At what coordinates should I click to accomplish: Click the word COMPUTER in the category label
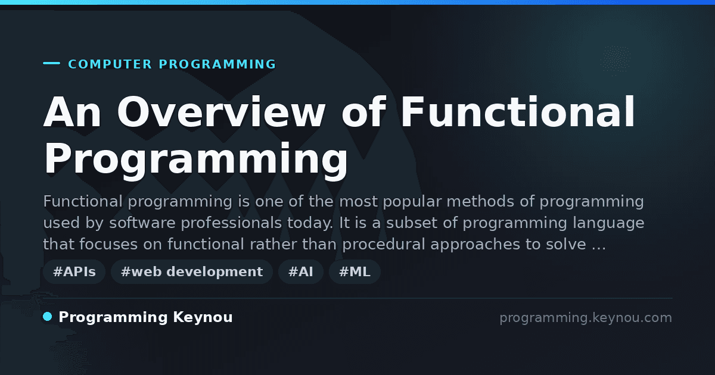click(110, 64)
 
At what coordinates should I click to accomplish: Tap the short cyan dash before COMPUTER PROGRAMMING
click(51, 63)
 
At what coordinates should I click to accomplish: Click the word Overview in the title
click(221, 112)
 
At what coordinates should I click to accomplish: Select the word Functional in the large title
click(517, 112)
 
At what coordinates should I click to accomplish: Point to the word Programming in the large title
click(195, 159)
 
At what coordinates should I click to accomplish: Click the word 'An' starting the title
click(72, 112)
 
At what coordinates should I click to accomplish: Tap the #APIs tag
click(74, 271)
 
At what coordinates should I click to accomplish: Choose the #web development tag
click(192, 271)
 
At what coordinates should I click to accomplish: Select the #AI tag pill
click(301, 271)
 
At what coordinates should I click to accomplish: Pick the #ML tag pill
click(355, 271)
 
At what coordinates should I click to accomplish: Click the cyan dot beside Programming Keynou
click(48, 317)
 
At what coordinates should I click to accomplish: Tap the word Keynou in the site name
click(203, 318)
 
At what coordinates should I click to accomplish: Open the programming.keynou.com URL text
click(586, 318)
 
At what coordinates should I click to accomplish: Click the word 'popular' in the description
click(412, 202)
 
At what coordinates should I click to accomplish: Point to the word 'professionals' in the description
click(231, 223)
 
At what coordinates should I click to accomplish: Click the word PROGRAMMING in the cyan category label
click(217, 64)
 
